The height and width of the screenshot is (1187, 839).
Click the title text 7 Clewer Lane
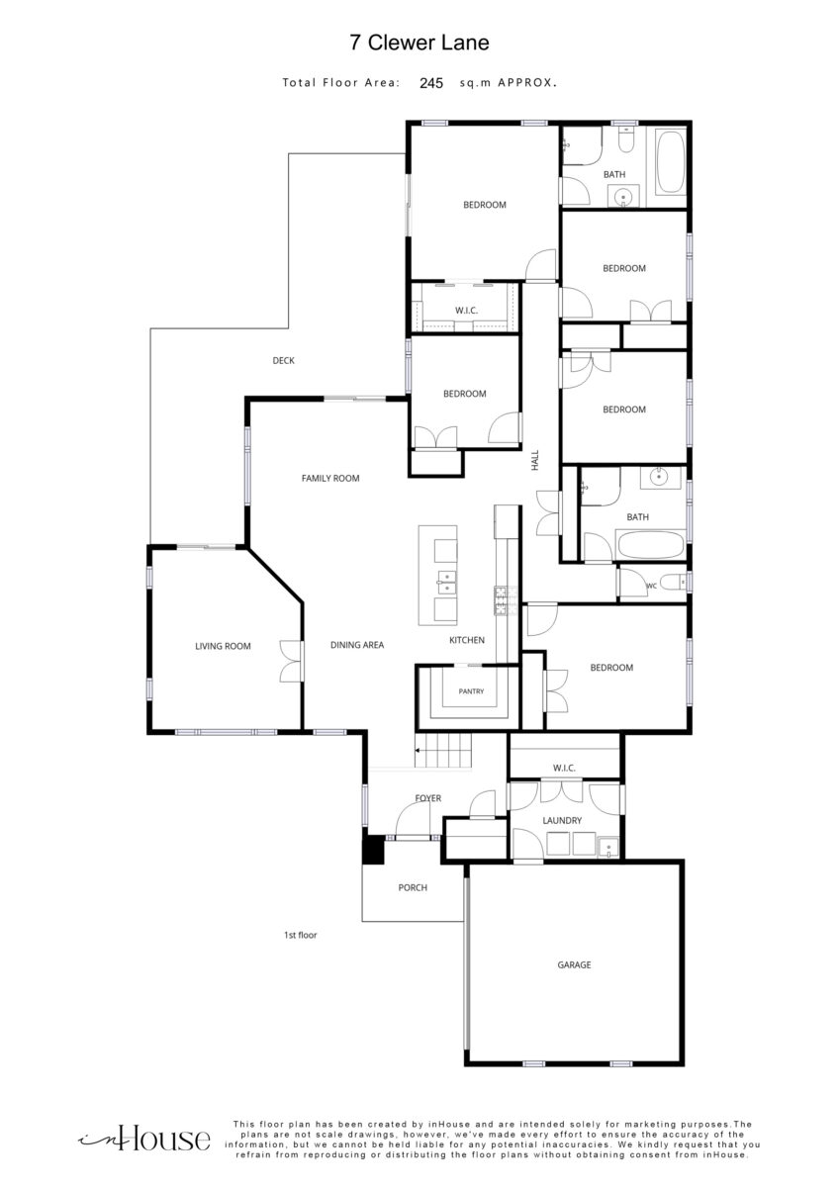419,43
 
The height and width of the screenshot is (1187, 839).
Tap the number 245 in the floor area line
431,83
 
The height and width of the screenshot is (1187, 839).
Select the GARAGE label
574,965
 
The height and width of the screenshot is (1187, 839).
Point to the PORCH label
413,887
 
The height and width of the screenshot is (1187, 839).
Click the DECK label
284,360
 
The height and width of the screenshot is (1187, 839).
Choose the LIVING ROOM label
223,646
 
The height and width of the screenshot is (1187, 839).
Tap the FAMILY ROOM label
330,478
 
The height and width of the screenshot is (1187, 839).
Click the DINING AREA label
357,645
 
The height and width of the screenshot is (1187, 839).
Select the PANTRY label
471,691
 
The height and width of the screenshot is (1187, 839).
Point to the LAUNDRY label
562,820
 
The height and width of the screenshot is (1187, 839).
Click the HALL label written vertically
535,460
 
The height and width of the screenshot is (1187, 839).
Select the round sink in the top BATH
622,198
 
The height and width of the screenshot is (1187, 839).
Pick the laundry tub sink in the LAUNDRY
607,848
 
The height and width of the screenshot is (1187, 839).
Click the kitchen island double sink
446,583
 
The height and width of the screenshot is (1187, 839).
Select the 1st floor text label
300,936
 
